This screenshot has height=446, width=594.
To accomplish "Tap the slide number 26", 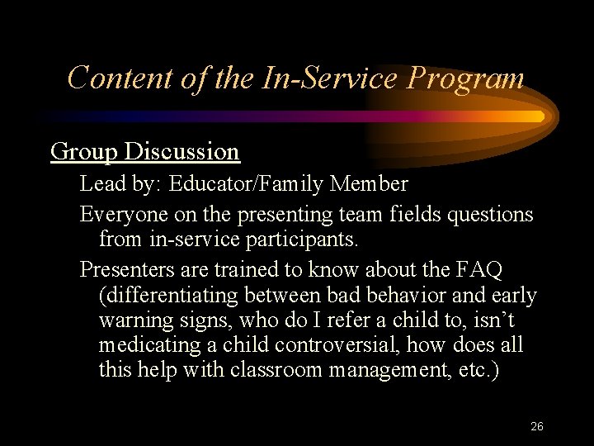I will [x=536, y=426].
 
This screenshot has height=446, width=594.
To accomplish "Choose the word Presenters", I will [x=125, y=270].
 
